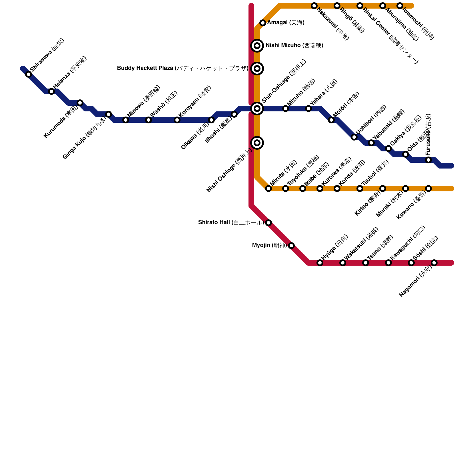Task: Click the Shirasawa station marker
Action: click(29, 75)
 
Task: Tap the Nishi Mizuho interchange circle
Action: click(257, 46)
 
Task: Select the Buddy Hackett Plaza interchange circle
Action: click(257, 69)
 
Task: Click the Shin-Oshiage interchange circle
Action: click(257, 109)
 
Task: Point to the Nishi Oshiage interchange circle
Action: click(257, 143)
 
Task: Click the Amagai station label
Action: click(286, 23)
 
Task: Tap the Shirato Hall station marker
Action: click(268, 223)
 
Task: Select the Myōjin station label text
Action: click(269, 245)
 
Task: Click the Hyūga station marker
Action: click(320, 263)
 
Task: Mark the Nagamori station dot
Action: click(434, 263)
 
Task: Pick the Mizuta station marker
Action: click(268, 189)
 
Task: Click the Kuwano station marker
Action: click(428, 189)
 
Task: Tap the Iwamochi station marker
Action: click(400, 6)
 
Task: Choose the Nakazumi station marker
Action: click(314, 6)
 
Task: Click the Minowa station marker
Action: click(126, 120)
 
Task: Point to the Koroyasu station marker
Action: click(177, 120)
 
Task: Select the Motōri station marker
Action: click(331, 120)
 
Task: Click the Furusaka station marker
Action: click(428, 160)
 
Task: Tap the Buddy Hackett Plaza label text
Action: click(183, 69)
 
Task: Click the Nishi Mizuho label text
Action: click(294, 46)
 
